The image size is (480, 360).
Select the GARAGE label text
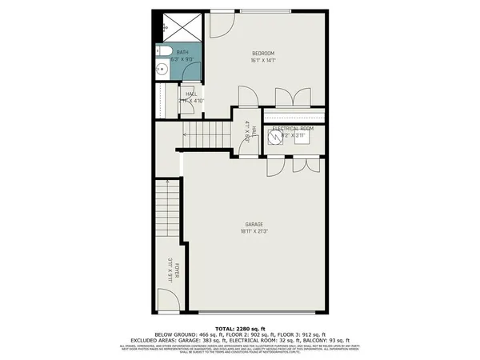[255, 224]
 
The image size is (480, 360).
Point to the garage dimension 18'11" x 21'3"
[255, 231]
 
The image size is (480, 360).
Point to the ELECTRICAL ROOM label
[293, 128]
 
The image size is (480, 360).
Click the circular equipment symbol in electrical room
[274, 137]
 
